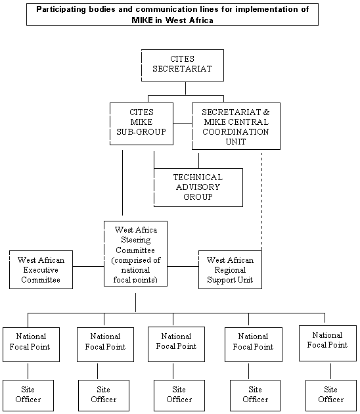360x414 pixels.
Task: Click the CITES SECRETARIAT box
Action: click(183, 65)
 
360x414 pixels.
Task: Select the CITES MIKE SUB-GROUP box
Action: click(141, 124)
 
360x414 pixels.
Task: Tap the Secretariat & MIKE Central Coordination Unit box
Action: click(236, 126)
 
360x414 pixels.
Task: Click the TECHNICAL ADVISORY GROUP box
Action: click(198, 187)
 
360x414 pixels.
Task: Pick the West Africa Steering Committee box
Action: click(136, 254)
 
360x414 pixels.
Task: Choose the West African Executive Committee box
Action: click(41, 269)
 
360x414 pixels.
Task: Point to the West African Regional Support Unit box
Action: click(230, 269)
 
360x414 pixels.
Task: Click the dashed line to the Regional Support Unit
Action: click(262, 201)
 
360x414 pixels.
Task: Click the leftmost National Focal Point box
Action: click(31, 344)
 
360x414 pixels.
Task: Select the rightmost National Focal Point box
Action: click(328, 343)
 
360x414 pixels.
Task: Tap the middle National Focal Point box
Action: click(176, 344)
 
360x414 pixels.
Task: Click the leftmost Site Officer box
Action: click(28, 395)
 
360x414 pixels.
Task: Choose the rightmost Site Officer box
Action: click(331, 395)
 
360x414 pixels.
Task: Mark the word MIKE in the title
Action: click(143, 20)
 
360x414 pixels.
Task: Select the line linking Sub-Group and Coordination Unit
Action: click(183, 123)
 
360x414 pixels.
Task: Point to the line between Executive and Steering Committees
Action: click(89, 266)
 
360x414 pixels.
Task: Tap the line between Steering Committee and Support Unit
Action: click(183, 266)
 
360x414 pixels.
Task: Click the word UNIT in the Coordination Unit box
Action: click(236, 142)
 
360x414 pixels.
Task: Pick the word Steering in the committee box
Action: click(136, 240)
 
